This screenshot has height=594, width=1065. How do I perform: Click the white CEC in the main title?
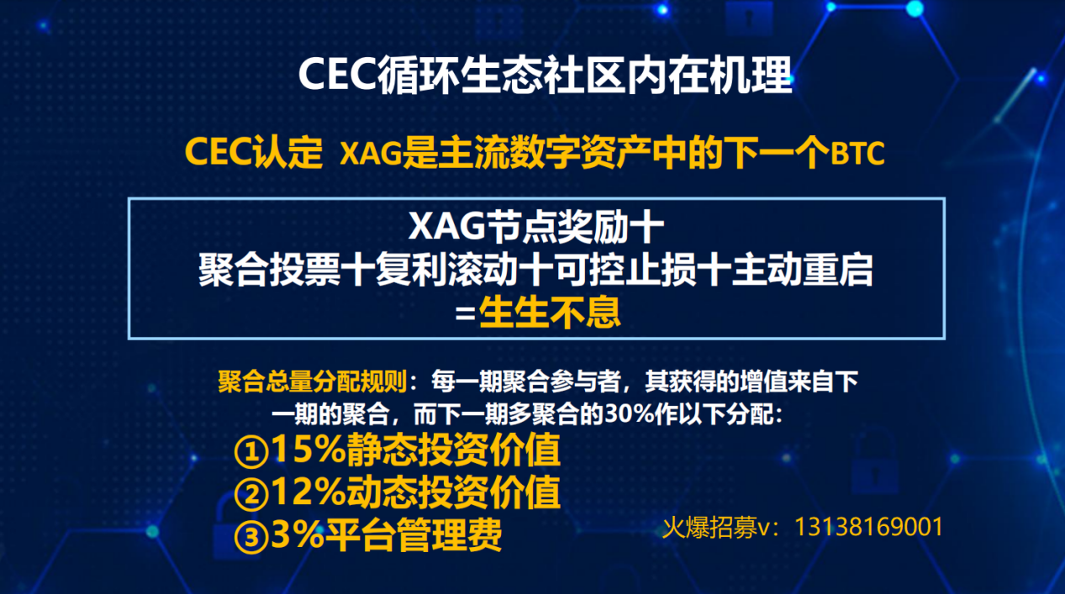338,75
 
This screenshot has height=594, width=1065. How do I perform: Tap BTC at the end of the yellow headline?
857,153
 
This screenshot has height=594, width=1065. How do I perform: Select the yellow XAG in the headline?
371,154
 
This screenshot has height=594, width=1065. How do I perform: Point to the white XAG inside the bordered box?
447,227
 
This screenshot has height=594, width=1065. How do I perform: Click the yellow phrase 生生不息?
550,313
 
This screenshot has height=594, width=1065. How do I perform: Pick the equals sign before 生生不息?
465,313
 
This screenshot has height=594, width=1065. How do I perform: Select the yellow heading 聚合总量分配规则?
313,381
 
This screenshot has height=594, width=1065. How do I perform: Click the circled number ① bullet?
251,451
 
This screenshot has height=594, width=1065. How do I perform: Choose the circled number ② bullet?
251,494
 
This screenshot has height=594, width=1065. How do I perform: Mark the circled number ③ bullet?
251,537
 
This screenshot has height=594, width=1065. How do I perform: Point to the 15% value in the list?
309,449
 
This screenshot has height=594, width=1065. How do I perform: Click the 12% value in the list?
309,492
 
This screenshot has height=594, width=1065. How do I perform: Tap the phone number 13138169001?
868,527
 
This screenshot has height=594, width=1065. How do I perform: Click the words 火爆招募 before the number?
709,528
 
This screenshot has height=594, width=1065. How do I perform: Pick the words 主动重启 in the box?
802,270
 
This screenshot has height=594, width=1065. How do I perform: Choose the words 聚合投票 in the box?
269,270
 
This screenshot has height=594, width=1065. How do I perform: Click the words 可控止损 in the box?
625,270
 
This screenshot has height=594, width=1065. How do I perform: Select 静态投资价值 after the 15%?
454,449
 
